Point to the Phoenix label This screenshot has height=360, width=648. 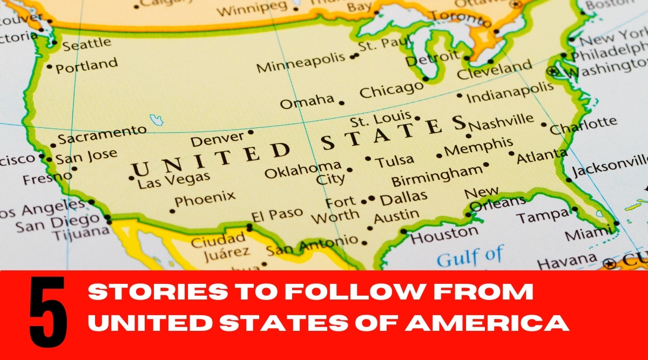pos(205,199)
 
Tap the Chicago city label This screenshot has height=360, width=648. pos(391,90)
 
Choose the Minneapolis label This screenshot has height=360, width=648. pos(300,63)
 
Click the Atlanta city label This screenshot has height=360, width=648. pos(542,157)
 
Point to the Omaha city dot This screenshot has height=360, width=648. pos(341,103)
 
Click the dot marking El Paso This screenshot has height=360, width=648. pos(249,227)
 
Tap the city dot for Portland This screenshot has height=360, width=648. pos(50,67)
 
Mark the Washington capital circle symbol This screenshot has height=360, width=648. pos(552,71)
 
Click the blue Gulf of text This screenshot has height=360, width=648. pos(470,257)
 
